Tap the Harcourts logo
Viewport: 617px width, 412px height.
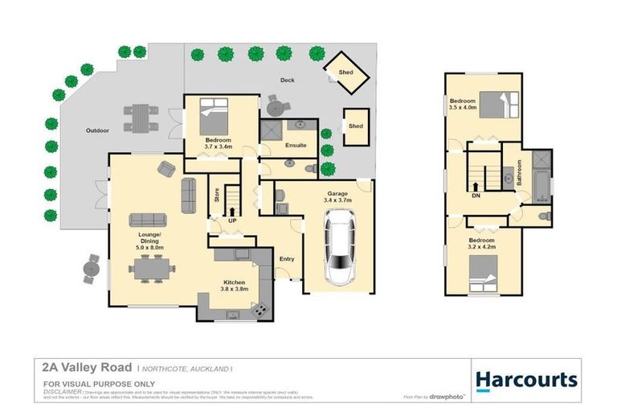click(525, 379)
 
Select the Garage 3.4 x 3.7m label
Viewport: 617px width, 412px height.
click(337, 196)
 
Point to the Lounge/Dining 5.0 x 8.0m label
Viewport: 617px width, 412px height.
click(149, 241)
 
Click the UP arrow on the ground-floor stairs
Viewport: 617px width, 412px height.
click(232, 214)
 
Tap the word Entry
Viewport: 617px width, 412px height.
click(287, 259)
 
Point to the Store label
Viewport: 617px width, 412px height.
click(216, 194)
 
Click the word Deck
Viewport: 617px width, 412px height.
click(287, 80)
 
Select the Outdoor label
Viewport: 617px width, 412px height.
click(97, 130)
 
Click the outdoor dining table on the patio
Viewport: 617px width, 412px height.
click(141, 117)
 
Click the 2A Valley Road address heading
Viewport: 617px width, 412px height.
click(78, 367)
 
